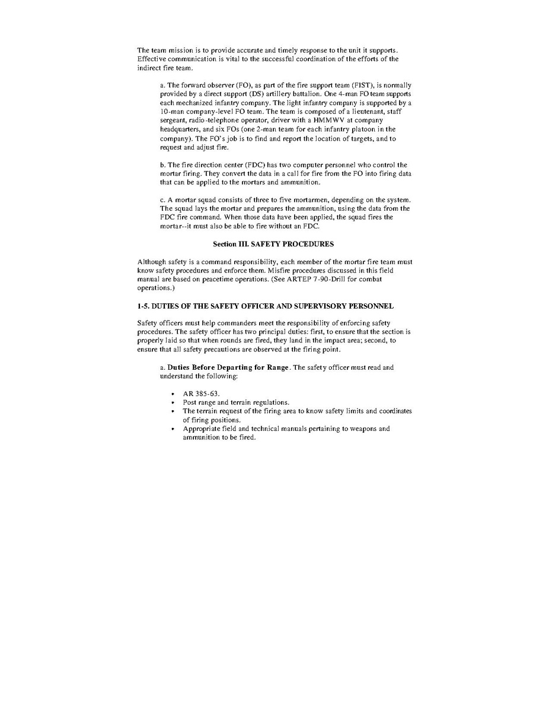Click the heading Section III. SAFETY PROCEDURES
pos(273,244)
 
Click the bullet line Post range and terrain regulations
pos(236,402)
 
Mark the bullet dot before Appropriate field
pos(172,429)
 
